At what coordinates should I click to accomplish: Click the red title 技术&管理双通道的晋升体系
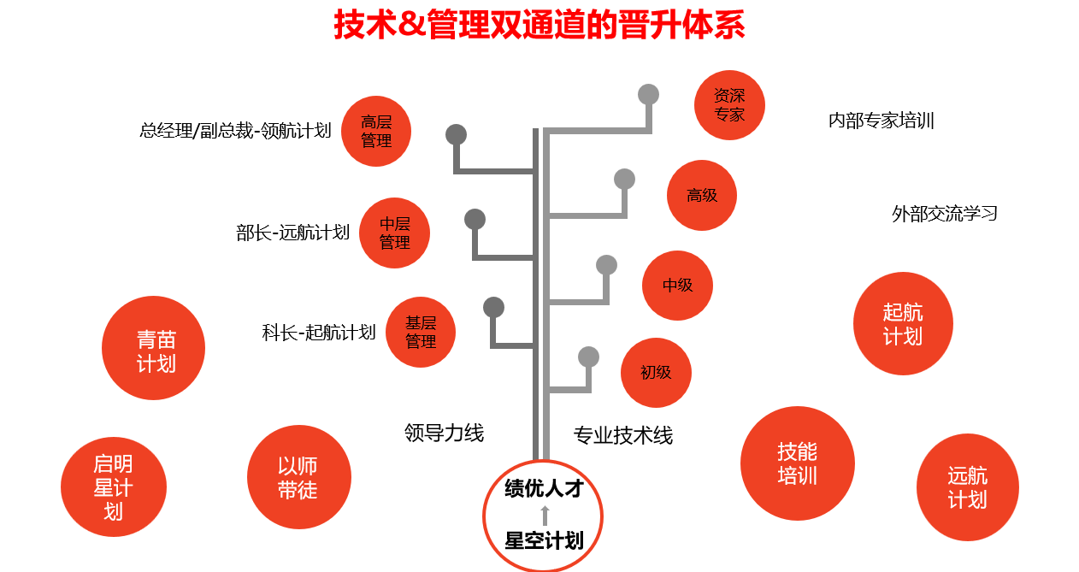point(539,25)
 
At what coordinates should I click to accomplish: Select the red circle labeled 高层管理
point(376,131)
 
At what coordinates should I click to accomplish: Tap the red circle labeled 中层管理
point(395,233)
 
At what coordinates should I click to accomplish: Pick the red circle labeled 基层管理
point(421,332)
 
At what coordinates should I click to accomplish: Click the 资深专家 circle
point(729,104)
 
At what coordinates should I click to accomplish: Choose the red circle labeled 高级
point(702,195)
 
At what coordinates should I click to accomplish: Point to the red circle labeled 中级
point(677,286)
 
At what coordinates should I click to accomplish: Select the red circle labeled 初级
point(656,373)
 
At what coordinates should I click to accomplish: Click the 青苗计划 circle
point(154,348)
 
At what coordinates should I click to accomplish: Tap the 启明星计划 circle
point(114,488)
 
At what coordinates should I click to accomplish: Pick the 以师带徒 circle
point(298,477)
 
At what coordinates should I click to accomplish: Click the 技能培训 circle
point(797,463)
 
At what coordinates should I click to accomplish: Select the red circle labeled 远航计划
point(967,487)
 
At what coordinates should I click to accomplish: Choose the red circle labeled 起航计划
point(903,324)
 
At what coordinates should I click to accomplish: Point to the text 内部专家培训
point(881,121)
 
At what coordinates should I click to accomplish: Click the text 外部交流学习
point(945,214)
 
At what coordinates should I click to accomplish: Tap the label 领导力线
point(444,433)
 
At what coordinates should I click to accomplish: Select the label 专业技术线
point(622,436)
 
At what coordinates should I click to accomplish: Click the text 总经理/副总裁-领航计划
point(235,131)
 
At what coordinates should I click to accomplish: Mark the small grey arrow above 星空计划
point(545,515)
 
